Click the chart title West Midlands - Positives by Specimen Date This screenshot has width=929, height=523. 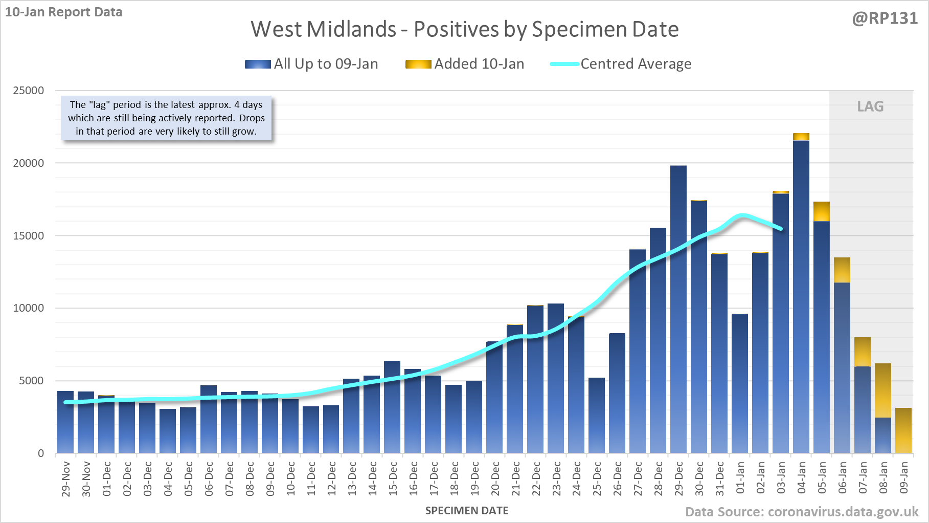click(464, 29)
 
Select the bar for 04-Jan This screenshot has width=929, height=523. click(801, 297)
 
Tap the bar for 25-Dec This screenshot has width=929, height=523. click(597, 415)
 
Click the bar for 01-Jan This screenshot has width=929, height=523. click(740, 383)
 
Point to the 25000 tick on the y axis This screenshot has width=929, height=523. click(29, 91)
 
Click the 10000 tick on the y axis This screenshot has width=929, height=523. click(29, 308)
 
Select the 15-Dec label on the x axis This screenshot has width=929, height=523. click(393, 478)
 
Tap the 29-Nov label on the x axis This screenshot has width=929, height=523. click(65, 478)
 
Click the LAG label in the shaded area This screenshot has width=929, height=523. click(870, 106)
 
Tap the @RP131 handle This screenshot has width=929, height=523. click(885, 18)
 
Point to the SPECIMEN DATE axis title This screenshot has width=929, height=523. click(467, 511)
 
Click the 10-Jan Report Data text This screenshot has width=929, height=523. click(64, 12)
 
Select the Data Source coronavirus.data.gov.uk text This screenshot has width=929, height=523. click(802, 512)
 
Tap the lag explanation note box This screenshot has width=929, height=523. click(166, 118)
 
